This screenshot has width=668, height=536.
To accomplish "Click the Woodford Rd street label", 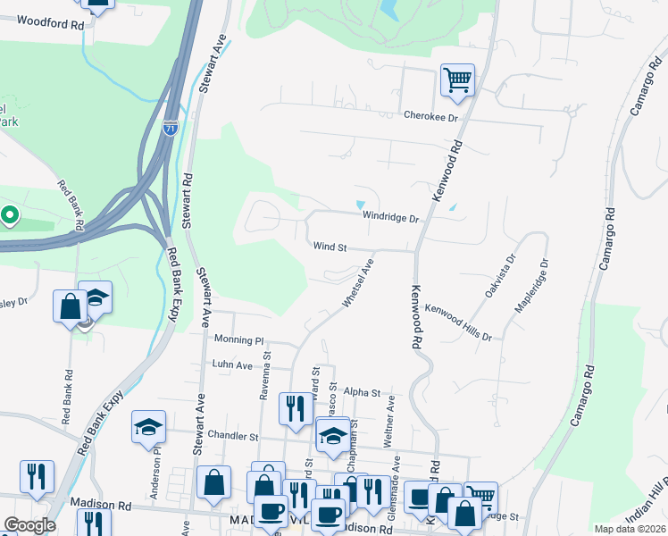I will pos(50,21).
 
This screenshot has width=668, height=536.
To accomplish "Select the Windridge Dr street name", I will pos(390,217).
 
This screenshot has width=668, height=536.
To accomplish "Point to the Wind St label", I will pos(329,246).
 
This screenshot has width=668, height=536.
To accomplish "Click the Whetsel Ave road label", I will pos(356,283).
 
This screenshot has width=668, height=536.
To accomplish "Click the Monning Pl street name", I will pos(240,339).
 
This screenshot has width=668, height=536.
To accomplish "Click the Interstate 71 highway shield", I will pos(171,127).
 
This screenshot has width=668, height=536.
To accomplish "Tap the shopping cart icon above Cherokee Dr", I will pos(456,80).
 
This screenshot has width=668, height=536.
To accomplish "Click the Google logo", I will pos(30,526).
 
